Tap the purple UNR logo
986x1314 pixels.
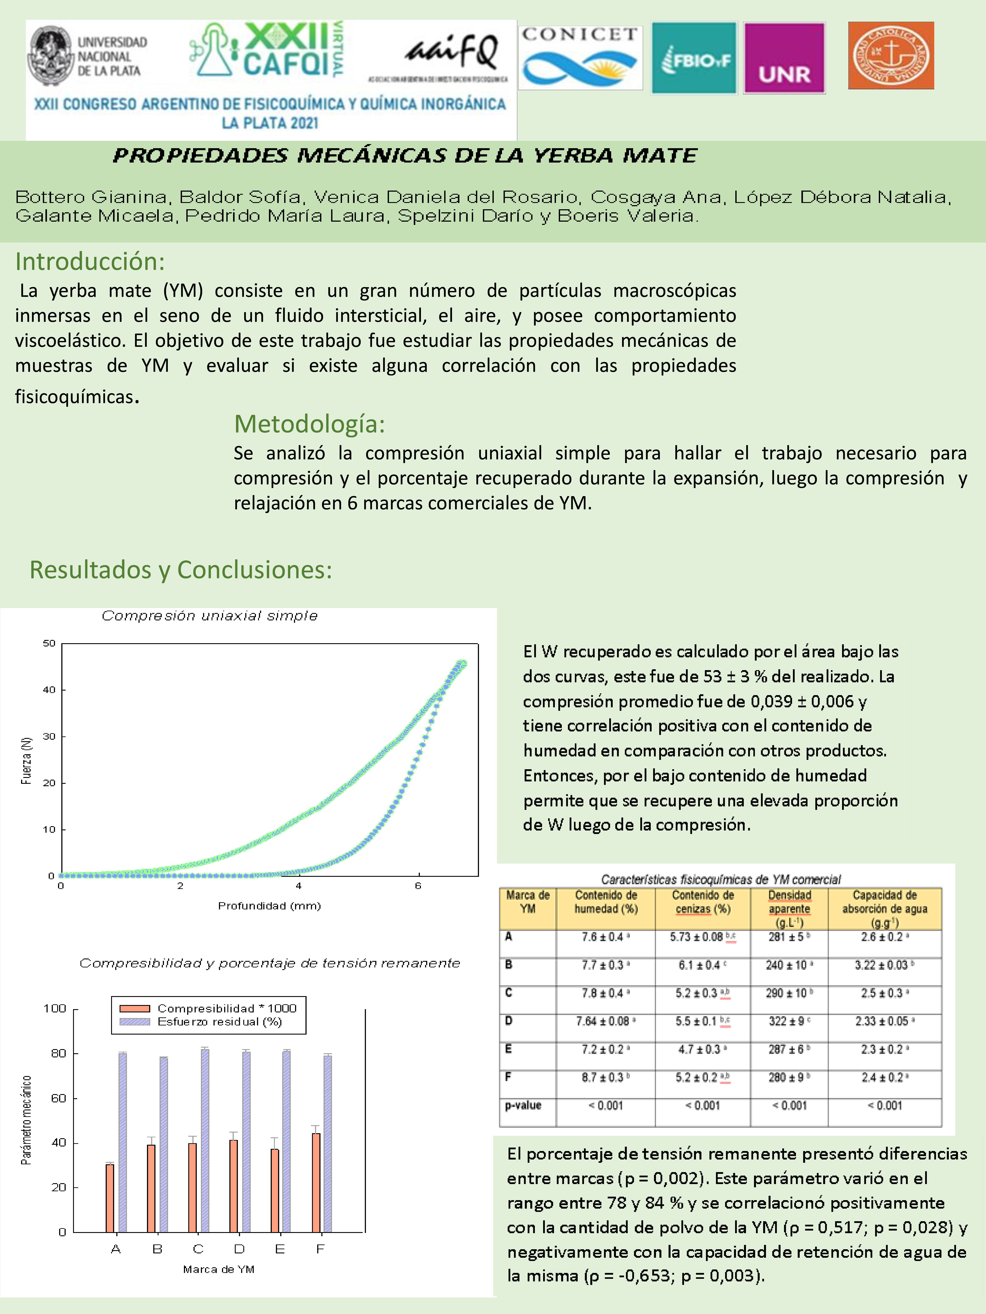(x=784, y=58)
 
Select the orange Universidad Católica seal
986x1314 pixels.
(x=890, y=56)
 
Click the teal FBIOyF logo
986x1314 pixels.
(x=694, y=58)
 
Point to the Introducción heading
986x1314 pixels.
(x=90, y=261)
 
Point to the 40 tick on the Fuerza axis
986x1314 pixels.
(x=49, y=690)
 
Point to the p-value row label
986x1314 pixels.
(x=523, y=1105)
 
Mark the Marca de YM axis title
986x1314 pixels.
(x=219, y=1269)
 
